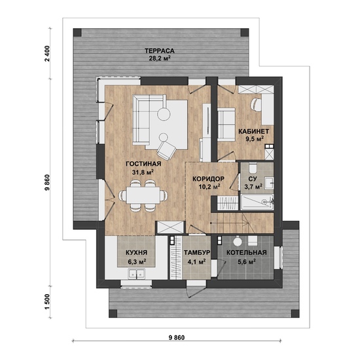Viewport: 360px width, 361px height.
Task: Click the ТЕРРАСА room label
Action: (160, 50)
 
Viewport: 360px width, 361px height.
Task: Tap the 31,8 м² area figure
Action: (143, 172)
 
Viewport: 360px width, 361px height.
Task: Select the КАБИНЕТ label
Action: (253, 132)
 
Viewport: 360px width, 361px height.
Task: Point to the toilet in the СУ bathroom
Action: (253, 168)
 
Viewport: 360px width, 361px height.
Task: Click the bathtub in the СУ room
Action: (257, 202)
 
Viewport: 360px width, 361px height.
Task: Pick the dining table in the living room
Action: (143, 195)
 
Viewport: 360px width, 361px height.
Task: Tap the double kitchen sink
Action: (137, 274)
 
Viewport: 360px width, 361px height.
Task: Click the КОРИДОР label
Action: (208, 179)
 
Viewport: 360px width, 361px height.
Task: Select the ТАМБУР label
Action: (197, 252)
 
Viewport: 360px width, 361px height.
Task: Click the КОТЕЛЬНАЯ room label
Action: (246, 252)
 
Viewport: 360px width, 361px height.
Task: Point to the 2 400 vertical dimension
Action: (47, 54)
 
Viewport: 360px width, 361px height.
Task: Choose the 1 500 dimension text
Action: (47, 302)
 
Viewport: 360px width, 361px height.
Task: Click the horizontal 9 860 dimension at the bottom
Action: (177, 338)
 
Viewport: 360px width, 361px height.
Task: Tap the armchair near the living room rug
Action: (167, 149)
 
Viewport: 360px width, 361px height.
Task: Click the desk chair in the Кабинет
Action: (256, 104)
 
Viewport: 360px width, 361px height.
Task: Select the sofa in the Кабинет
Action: (226, 124)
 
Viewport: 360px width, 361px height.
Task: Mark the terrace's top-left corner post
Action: (77, 33)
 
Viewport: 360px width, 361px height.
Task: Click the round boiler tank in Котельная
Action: (237, 241)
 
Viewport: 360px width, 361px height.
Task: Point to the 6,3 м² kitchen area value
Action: (137, 262)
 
